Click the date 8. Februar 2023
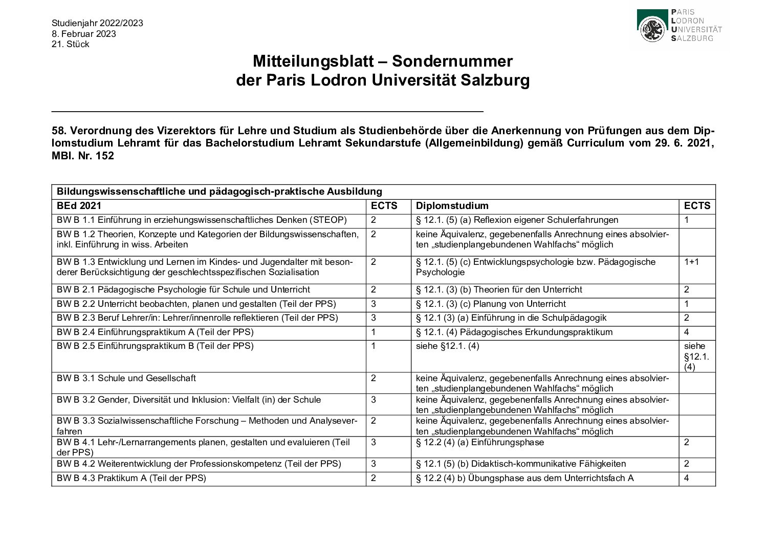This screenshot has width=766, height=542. click(x=84, y=34)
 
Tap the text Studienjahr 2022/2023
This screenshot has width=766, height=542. click(x=97, y=23)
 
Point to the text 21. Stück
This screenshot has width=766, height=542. click(x=71, y=44)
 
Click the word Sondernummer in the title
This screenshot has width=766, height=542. click(x=452, y=61)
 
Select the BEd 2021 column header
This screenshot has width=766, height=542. click(x=79, y=206)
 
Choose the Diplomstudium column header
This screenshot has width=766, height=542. click(x=452, y=206)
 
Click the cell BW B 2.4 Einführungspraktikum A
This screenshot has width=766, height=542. click(x=155, y=332)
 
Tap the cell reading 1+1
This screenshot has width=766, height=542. click(x=691, y=262)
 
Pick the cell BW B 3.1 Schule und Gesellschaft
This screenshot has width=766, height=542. click(x=126, y=378)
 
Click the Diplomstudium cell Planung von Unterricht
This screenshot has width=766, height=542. click(x=491, y=304)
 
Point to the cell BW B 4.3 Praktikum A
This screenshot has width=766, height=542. click(x=132, y=478)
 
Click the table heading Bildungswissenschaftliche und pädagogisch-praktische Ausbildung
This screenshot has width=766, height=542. click(x=220, y=192)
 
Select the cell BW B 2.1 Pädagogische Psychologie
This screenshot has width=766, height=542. click(x=183, y=289)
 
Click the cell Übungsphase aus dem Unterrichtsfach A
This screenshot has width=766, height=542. click(x=524, y=478)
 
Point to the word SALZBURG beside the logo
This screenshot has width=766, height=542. click(x=691, y=38)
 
